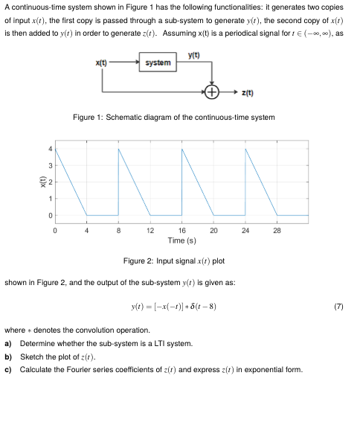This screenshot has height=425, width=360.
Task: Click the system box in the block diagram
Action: coord(158,63)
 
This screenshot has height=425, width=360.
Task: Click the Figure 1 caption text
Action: coord(173,118)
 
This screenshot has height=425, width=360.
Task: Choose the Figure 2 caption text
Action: coord(173,261)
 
